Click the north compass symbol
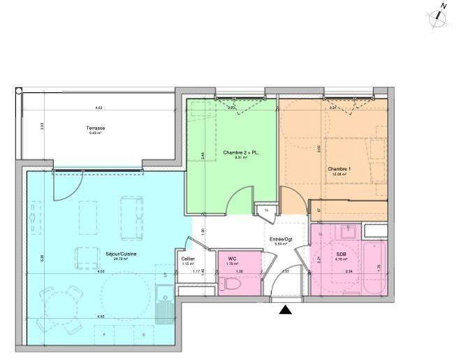[x=439, y=16]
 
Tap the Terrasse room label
[x=96, y=128]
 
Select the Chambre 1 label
[x=339, y=169]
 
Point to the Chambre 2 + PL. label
[x=236, y=152]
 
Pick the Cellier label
[x=188, y=259]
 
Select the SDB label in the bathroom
[x=340, y=254]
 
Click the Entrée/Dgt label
[x=280, y=239]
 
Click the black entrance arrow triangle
[x=286, y=310]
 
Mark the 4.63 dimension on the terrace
[x=99, y=108]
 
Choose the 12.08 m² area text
[x=339, y=175]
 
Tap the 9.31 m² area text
[x=236, y=158]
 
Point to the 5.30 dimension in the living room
[x=42, y=257]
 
